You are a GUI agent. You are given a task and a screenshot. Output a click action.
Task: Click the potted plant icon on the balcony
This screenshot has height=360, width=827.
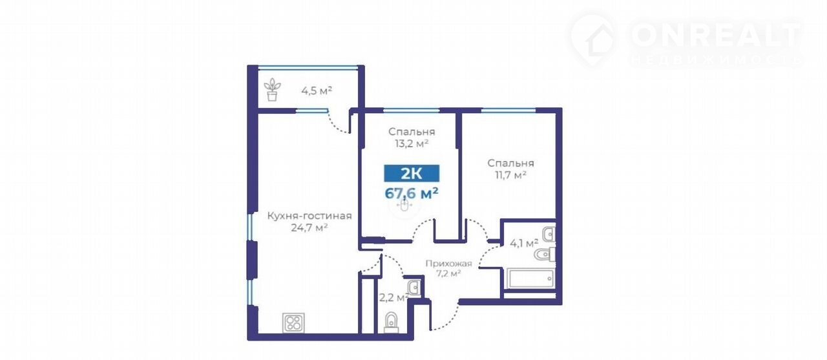coord(272,89)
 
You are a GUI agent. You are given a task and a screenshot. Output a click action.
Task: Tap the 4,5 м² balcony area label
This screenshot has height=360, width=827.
coord(317,90)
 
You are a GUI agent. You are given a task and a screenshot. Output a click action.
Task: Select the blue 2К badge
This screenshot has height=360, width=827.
coord(412,173)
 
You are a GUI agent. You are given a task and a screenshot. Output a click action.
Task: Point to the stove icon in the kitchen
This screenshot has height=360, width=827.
coord(293,323)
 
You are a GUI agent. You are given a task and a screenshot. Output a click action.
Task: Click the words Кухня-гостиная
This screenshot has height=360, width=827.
coord(309,216)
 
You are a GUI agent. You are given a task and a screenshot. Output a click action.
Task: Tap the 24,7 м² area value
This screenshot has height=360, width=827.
coord(309,228)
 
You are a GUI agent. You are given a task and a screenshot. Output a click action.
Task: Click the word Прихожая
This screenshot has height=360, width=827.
coord(448,264)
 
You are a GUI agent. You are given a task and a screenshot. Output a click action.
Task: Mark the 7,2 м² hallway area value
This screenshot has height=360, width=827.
coord(448,273)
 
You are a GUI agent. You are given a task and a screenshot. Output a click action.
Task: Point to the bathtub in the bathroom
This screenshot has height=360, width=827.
coord(530,279)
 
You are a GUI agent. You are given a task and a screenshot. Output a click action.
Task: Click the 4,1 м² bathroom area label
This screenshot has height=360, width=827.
coord(524,243)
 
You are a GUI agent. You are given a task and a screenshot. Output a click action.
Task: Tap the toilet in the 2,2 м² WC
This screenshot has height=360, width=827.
coord(392,323)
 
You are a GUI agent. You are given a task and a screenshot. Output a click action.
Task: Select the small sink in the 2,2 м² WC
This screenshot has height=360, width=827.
coord(414,287)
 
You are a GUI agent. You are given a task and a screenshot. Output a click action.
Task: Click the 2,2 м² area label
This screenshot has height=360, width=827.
coord(393,297)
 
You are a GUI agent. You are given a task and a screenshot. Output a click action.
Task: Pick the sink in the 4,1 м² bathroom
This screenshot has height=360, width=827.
coord(549,235)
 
